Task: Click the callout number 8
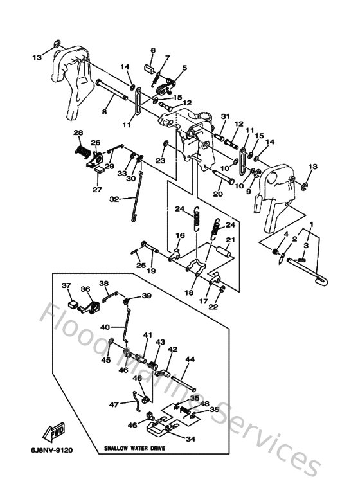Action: click(104, 111)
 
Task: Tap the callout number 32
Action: click(114, 199)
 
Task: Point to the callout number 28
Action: click(78, 133)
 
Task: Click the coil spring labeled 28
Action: click(82, 152)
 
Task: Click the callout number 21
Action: click(230, 240)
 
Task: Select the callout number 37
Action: click(66, 285)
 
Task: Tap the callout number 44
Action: click(190, 361)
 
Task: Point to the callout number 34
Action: click(190, 440)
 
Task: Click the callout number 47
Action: click(113, 404)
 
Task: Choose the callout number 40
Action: click(105, 327)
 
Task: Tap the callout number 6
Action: click(153, 50)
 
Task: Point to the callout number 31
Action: click(208, 116)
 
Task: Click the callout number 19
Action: click(152, 271)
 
